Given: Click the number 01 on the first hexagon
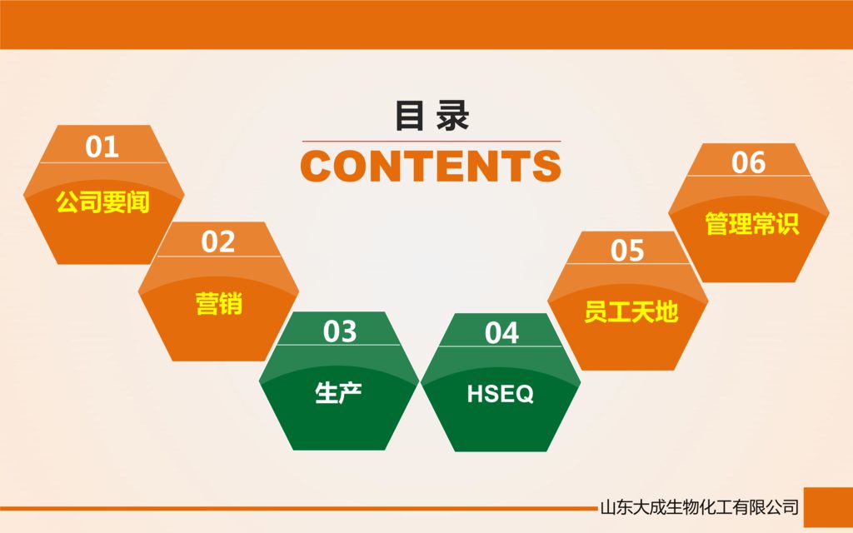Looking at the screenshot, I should click(x=102, y=147).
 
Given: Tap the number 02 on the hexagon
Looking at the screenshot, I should click(x=218, y=242).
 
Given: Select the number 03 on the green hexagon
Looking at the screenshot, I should click(x=340, y=332).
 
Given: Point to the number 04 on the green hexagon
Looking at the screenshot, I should click(x=501, y=333).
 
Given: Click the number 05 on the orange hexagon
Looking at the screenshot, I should click(x=627, y=251).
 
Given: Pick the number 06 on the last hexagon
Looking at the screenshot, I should click(x=748, y=163).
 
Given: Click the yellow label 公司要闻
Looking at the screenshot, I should click(x=102, y=202).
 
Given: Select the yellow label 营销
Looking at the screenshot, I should click(x=218, y=304).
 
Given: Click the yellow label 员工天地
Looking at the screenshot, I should click(x=631, y=313).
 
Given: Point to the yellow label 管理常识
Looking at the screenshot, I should click(x=751, y=223).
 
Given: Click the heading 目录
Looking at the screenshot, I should click(x=431, y=117).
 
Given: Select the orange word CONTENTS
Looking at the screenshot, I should click(x=430, y=166).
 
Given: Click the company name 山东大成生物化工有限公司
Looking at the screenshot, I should click(x=699, y=507).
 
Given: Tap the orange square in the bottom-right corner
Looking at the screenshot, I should click(x=827, y=507).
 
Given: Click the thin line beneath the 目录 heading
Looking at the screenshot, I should click(x=431, y=142).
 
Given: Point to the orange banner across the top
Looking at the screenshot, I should click(x=426, y=24).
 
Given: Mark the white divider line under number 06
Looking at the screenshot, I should click(x=748, y=177).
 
